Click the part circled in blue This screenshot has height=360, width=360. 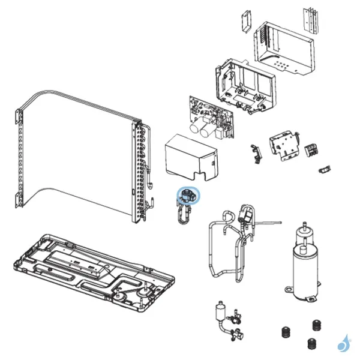[x=188, y=196]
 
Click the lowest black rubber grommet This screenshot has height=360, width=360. [x=311, y=345]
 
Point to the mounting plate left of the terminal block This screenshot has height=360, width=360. [x=283, y=145]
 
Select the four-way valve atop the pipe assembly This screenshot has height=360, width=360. [x=246, y=215]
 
